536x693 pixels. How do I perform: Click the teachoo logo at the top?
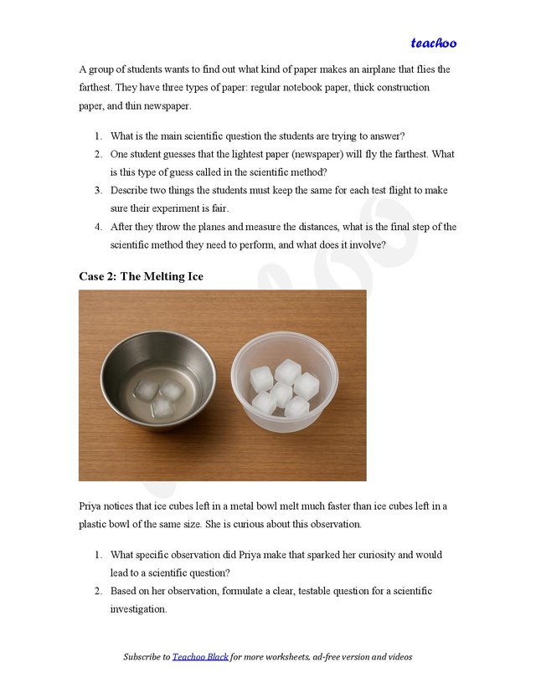click(433, 43)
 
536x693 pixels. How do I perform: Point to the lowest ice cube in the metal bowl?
click(162, 407)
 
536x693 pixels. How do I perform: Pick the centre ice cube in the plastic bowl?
click(282, 390)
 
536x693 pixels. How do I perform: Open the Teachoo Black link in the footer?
click(200, 657)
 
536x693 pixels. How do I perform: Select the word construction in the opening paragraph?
click(400, 88)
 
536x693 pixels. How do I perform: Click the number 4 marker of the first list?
click(97, 227)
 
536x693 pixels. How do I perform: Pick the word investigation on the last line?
click(138, 609)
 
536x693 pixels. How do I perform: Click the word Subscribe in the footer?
click(146, 657)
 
